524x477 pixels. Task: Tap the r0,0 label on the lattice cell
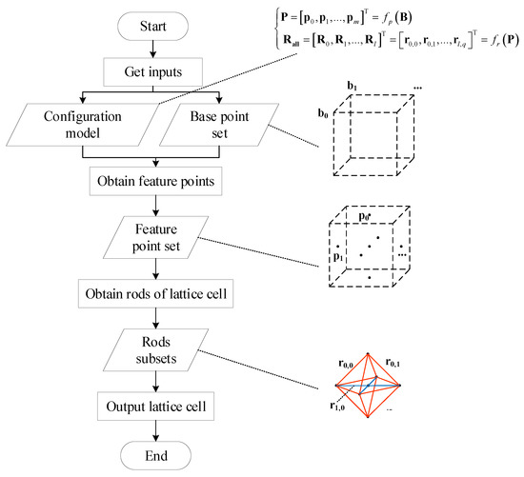coord(351,364)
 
